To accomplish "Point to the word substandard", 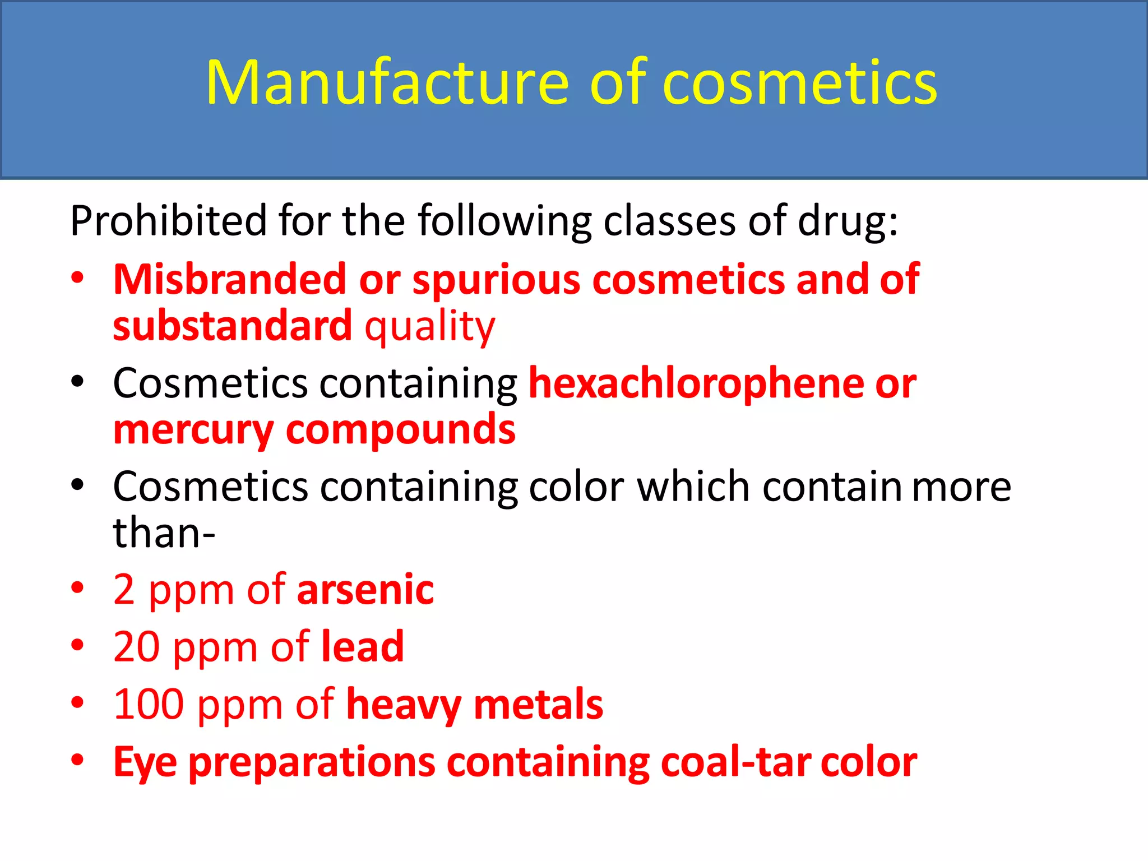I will (233, 326).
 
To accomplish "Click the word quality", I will (430, 327).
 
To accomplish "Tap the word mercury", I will (193, 430).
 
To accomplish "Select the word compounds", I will (401, 430).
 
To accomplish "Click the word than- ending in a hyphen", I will (164, 533).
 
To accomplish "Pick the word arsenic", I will (365, 590).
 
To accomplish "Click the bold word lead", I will (363, 647).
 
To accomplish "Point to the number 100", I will (149, 705).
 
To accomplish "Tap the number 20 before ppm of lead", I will (137, 647).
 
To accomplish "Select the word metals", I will (539, 705).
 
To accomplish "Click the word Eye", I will (145, 763).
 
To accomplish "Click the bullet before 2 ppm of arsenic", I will (77, 588).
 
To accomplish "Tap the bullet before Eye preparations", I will (77, 760).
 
